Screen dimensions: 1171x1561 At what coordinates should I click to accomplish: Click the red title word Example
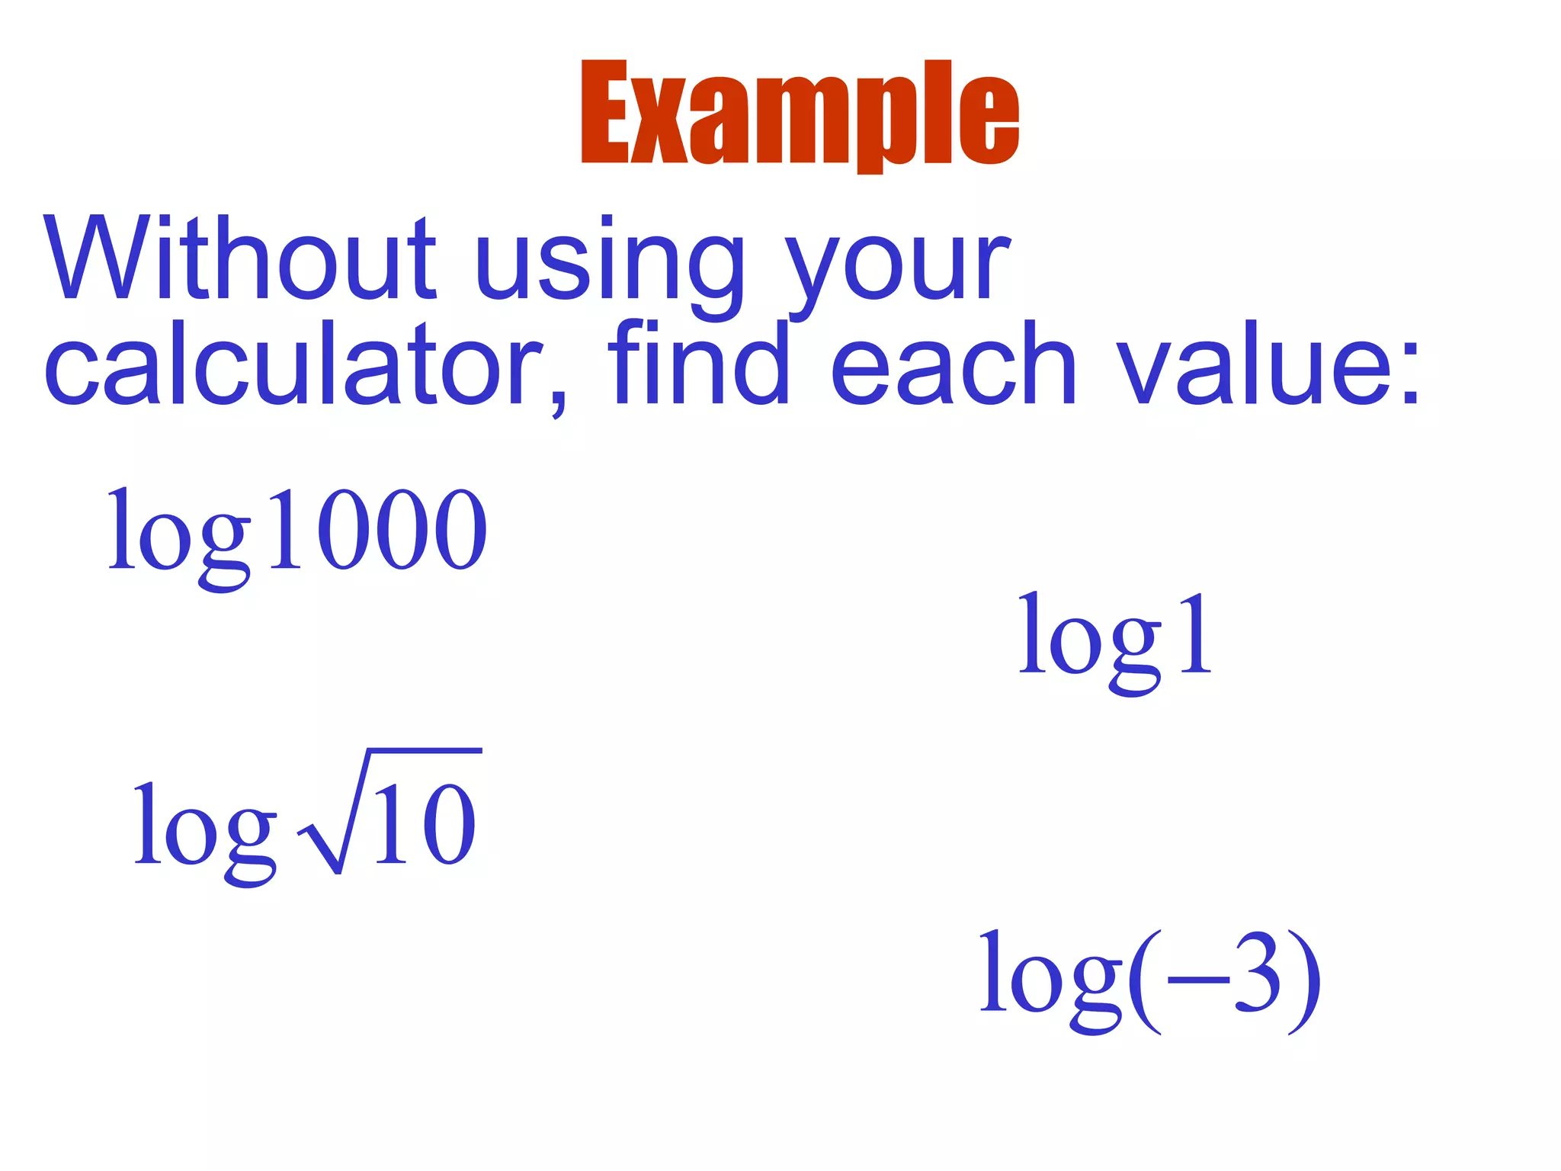pos(800,114)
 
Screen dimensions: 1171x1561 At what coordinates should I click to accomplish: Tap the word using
pos(609,263)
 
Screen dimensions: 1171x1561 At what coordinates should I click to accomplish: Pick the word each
pos(953,364)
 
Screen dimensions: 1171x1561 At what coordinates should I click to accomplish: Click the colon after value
pos(1409,374)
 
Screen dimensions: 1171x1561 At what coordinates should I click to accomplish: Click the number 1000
pos(378,530)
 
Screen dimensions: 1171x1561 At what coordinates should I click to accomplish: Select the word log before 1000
pos(180,537)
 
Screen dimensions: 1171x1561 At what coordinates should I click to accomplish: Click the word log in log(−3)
pos(1052,980)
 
